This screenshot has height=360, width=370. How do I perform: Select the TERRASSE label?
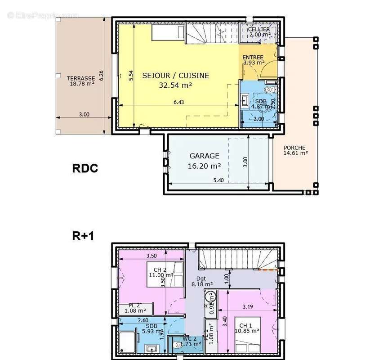point(81,77)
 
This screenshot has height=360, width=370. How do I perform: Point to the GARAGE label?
point(204,156)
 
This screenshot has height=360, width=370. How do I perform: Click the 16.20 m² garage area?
point(204,166)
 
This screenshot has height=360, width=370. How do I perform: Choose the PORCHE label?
point(294,148)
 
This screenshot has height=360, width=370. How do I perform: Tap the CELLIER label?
point(259,30)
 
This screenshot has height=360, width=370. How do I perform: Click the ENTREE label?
point(253,58)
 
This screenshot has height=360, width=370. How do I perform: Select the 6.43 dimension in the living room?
point(179,102)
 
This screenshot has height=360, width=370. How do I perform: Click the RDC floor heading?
point(85,168)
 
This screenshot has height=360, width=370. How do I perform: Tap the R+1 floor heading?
point(83,236)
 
